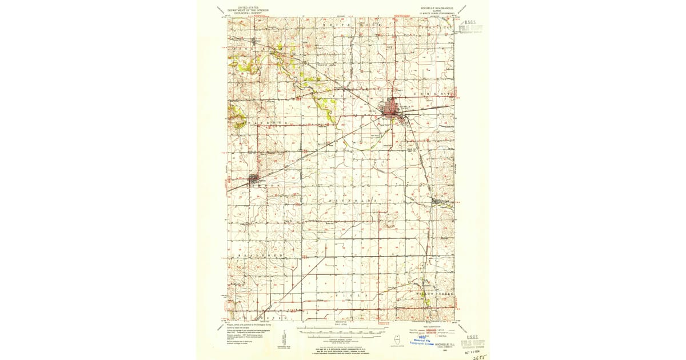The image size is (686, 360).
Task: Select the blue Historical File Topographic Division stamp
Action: click(x=421, y=341)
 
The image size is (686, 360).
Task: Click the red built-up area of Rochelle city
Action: click(x=393, y=109)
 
